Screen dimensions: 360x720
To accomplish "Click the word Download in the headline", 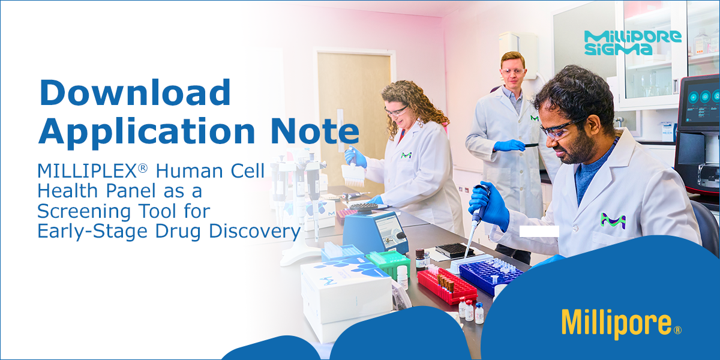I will (134, 94).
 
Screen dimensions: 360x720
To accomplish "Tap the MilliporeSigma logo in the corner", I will (632, 42).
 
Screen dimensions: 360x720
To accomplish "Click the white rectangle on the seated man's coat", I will (539, 231).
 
